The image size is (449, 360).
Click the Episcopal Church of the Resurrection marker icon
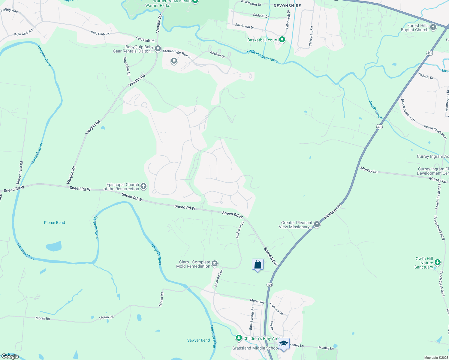tap(143, 187)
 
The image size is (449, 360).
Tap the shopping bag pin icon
tap(258, 265)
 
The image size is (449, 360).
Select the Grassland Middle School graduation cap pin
tap(284, 343)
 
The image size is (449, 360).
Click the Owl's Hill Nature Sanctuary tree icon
tap(438, 263)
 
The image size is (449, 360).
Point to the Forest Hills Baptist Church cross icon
tap(433, 28)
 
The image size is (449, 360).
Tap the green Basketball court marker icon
tap(282, 40)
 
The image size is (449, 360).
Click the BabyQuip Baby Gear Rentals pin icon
tap(158, 49)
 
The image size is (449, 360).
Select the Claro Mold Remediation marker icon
tap(214, 264)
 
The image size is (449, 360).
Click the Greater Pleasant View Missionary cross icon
tap(317, 225)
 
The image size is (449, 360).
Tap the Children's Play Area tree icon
tap(239, 338)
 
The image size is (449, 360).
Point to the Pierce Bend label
tap(54, 223)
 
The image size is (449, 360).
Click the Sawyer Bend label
tap(198, 340)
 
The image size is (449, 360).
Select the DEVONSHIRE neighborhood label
tap(287, 6)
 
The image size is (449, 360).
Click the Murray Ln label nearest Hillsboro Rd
tap(369, 170)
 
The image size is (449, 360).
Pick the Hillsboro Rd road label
tap(333, 213)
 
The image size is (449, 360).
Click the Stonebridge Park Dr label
tap(177, 54)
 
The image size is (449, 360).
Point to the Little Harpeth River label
tap(262, 56)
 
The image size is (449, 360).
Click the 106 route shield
tap(269, 284)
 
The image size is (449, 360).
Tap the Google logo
tap(10, 356)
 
